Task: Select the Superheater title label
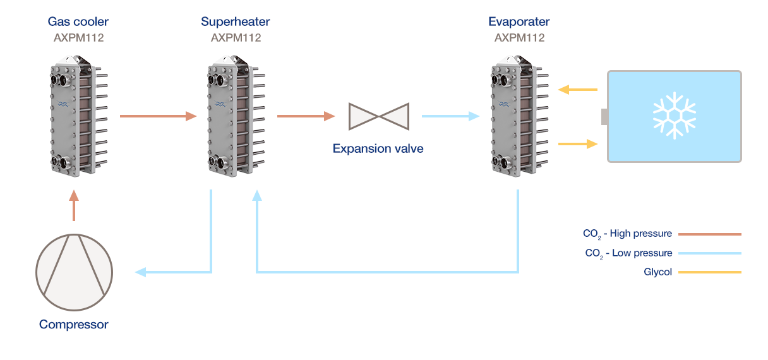click(235, 22)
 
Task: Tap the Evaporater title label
click(519, 22)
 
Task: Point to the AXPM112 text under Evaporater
click(519, 38)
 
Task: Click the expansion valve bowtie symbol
click(378, 116)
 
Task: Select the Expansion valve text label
click(378, 149)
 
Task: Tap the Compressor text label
click(74, 325)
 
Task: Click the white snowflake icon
click(674, 116)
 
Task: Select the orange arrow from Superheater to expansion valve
click(306, 116)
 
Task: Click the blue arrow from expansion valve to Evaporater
click(450, 116)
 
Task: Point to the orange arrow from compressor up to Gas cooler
click(74, 207)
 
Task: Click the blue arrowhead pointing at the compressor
click(140, 272)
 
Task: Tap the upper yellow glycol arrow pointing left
click(578, 90)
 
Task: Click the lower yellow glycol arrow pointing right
click(578, 144)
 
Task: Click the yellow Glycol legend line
click(709, 272)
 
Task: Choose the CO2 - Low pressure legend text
click(628, 253)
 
